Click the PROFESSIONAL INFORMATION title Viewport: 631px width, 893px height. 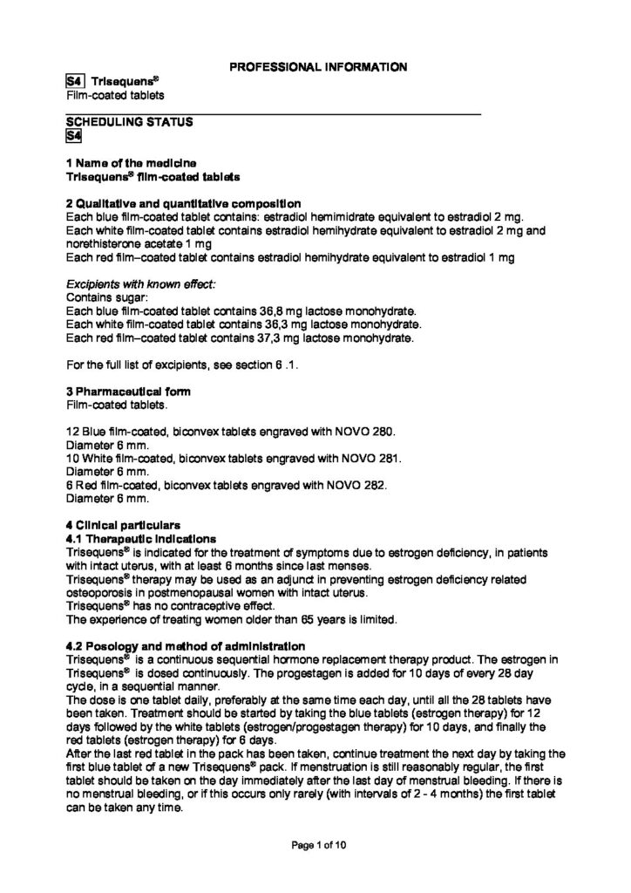pyautogui.click(x=315, y=66)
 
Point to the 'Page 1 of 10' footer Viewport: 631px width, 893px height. pyautogui.click(x=315, y=846)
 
